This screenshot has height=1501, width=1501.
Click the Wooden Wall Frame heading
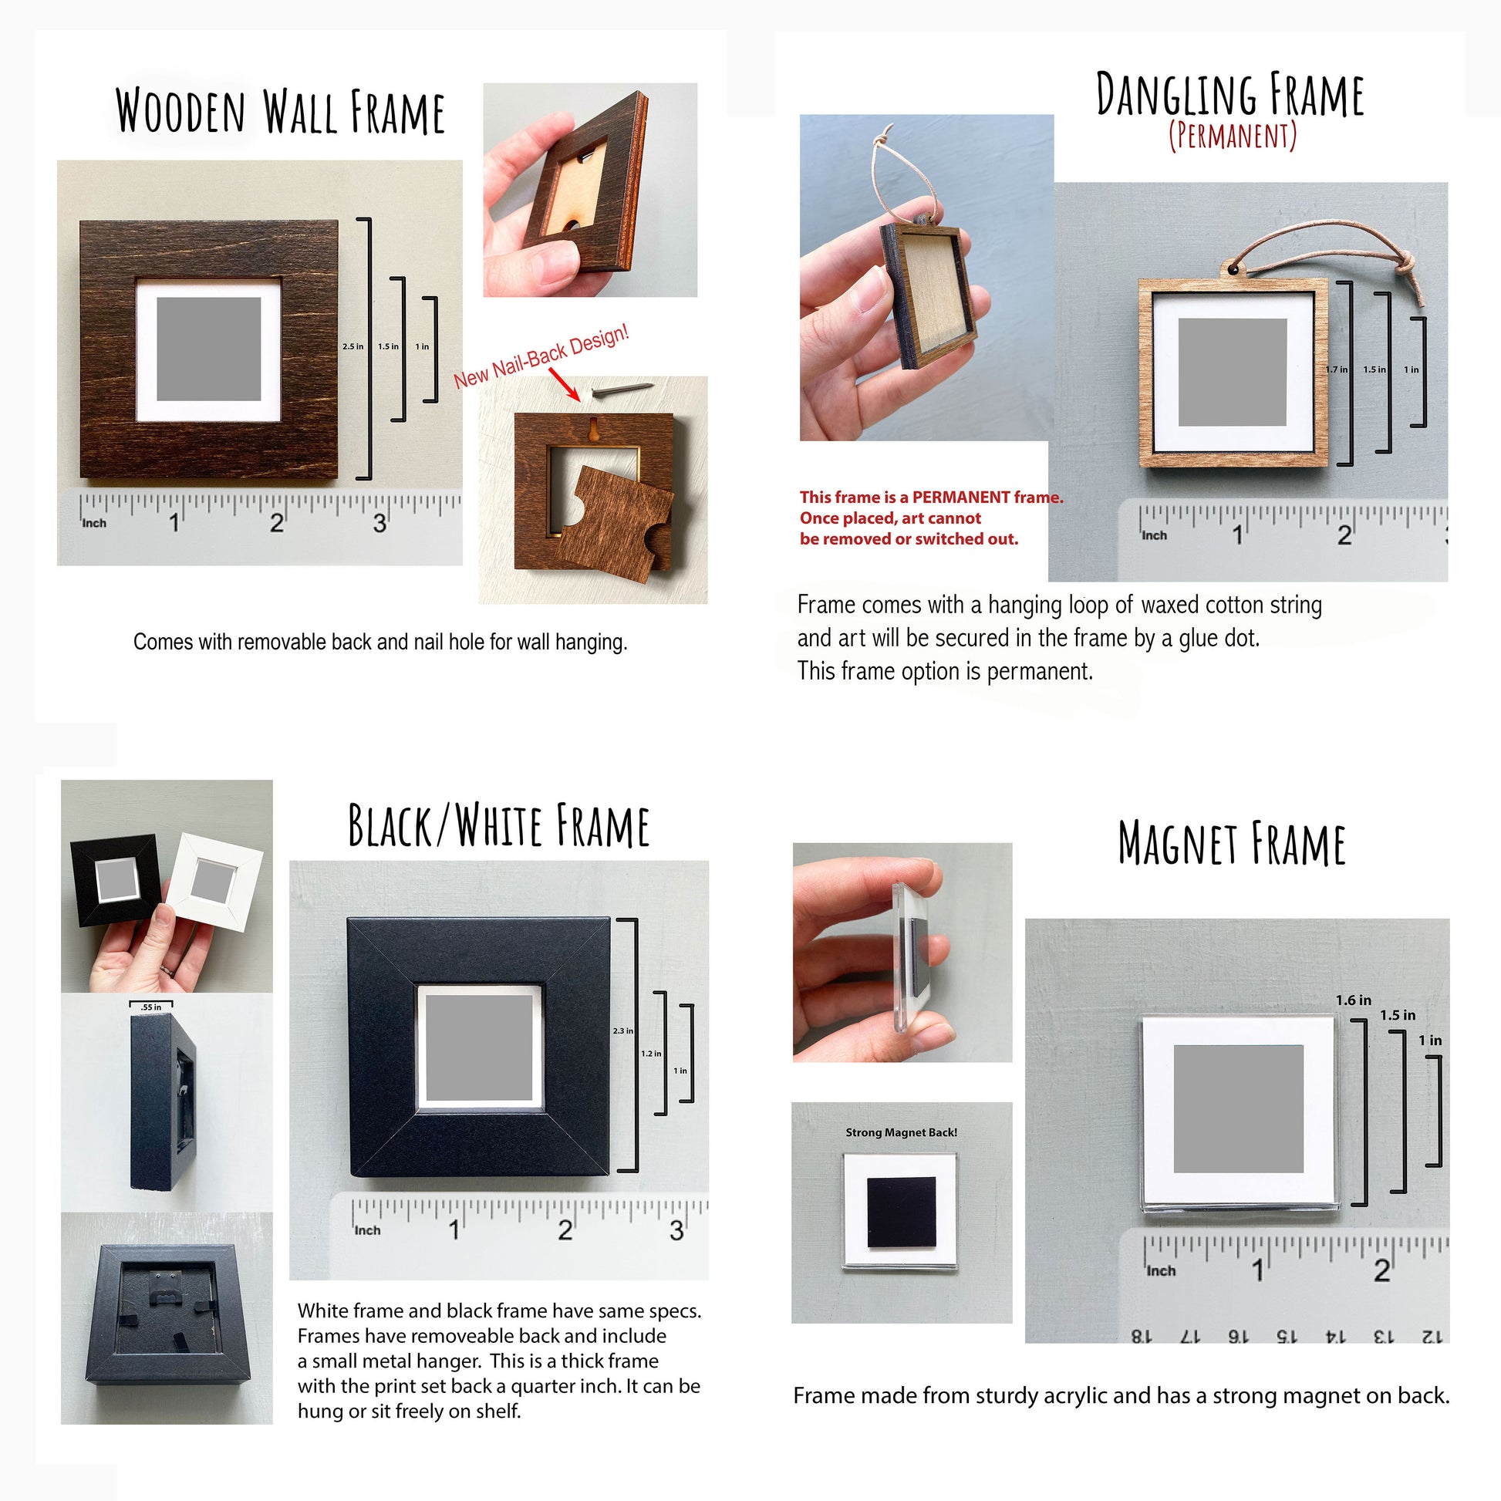tap(280, 113)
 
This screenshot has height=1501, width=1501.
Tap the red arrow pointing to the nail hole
tap(565, 385)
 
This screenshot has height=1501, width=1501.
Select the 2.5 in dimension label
tap(352, 346)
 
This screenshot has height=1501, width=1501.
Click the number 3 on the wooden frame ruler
tap(379, 523)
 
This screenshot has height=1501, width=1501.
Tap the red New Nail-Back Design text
tap(541, 357)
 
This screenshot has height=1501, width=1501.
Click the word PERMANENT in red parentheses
tap(1233, 136)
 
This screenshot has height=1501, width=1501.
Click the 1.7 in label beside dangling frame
tap(1335, 369)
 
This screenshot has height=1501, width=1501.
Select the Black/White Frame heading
tap(498, 826)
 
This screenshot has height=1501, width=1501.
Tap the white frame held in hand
tap(215, 880)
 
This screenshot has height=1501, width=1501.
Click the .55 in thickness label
tap(150, 1007)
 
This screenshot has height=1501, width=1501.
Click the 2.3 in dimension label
tap(622, 1031)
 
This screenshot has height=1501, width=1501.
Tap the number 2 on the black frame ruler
tap(565, 1229)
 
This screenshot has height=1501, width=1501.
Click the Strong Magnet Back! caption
tap(901, 1133)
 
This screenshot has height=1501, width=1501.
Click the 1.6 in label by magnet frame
tap(1354, 1000)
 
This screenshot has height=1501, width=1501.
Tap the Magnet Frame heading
tap(1231, 845)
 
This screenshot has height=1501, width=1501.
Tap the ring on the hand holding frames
tap(167, 970)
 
